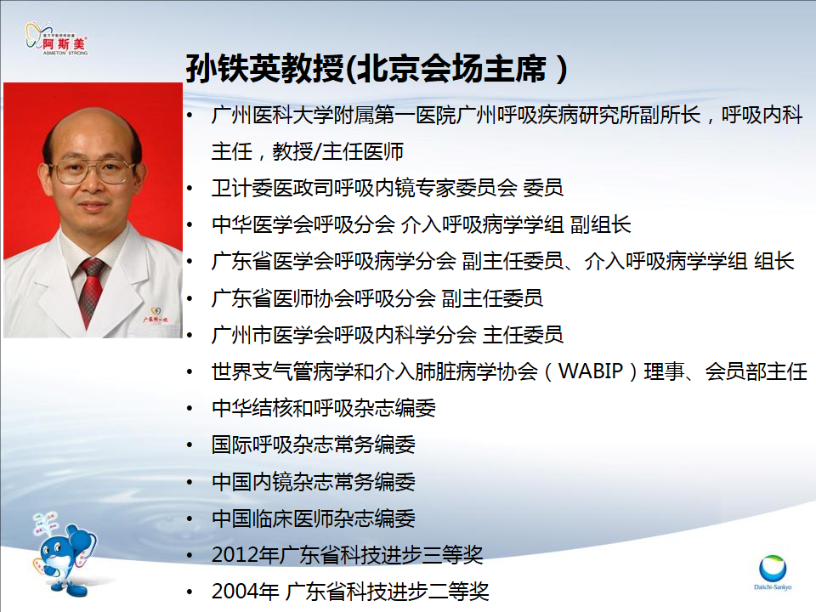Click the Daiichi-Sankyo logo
773,572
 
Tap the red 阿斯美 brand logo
57,39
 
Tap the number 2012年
246,555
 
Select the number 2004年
246,592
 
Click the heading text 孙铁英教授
265,69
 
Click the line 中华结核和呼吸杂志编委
324,409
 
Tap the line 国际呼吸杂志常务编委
314,445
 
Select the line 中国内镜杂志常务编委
314,482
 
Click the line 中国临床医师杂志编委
314,518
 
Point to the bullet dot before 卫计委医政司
190,189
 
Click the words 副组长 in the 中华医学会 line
601,224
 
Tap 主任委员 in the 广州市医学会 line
523,335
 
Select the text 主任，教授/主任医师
308,152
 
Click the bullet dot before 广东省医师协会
190,298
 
